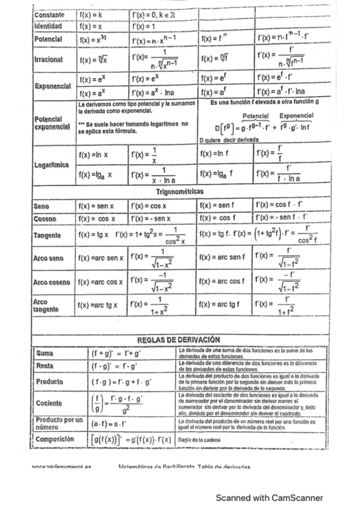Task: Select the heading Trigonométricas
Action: click(x=180, y=192)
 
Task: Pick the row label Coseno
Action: click(x=45, y=218)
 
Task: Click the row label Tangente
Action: click(x=49, y=235)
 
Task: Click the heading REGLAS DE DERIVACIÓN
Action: click(x=178, y=340)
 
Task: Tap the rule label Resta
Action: click(x=45, y=365)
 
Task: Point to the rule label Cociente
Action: click(x=49, y=402)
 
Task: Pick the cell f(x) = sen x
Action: click(x=99, y=206)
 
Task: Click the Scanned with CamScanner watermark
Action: click(x=269, y=498)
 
